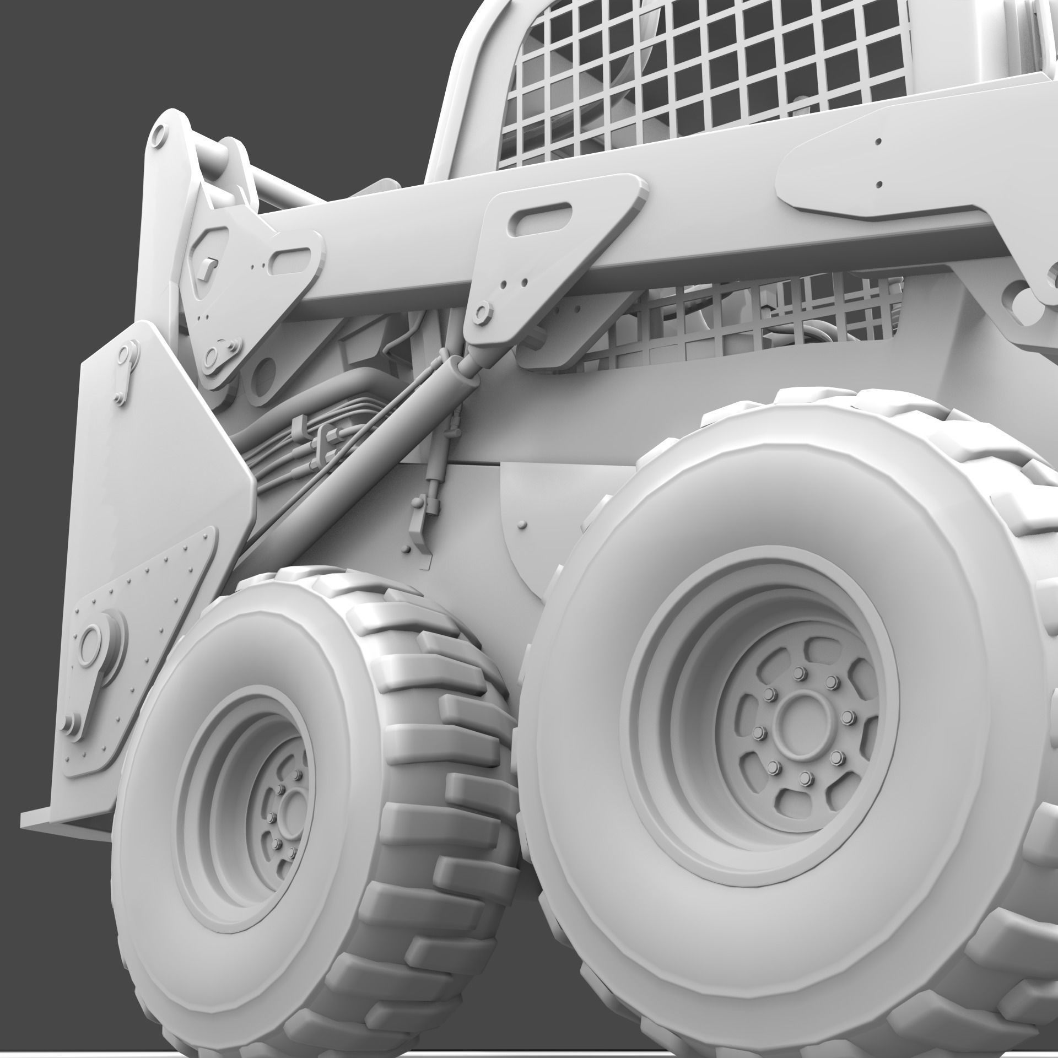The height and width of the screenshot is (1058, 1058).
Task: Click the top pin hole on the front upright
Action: click(159, 134)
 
